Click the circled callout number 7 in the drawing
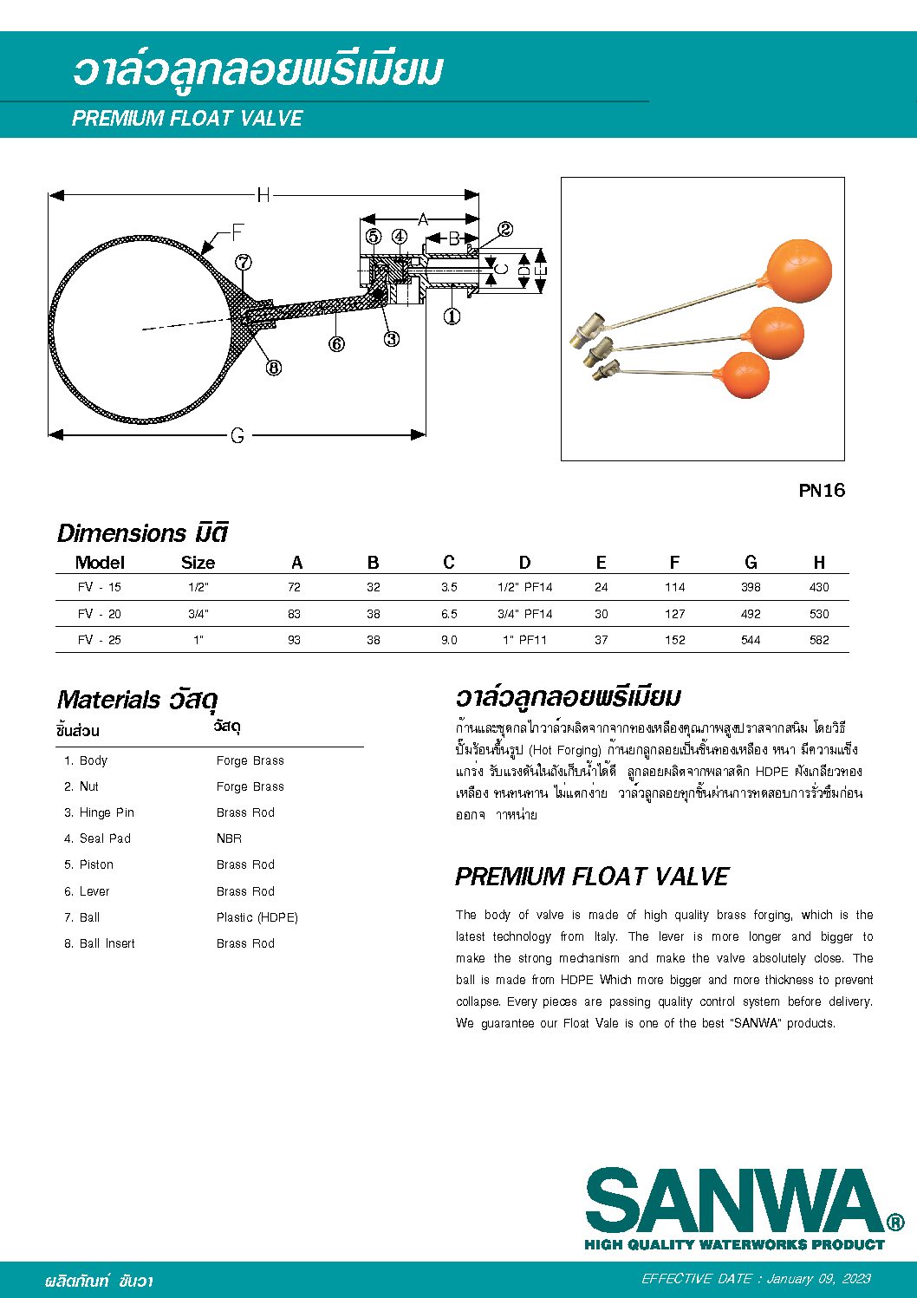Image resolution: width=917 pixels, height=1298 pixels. (244, 262)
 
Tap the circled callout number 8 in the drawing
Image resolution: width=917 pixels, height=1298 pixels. (274, 368)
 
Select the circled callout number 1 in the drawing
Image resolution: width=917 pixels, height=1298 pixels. (452, 316)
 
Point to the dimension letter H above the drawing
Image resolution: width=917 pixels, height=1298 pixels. (263, 195)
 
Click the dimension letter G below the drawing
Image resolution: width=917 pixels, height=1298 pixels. (237, 435)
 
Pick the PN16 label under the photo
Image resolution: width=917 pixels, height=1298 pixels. (821, 491)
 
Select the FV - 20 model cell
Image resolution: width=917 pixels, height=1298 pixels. (100, 614)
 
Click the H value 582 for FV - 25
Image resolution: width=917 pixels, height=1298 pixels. (819, 640)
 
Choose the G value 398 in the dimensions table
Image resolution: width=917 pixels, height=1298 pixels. (751, 587)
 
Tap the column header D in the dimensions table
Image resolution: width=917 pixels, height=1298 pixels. (524, 563)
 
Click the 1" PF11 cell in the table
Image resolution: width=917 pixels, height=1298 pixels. (524, 640)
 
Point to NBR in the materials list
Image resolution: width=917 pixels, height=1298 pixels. (229, 838)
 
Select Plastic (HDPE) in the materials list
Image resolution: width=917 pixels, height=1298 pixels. (257, 917)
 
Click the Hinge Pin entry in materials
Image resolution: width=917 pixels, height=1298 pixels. (106, 812)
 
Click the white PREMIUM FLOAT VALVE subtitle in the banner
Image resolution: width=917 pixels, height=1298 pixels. (187, 119)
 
